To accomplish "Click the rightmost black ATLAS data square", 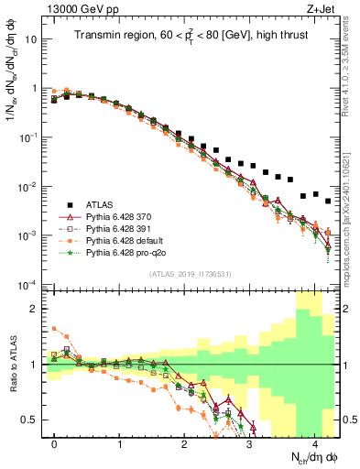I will pyautogui.click(x=327, y=201).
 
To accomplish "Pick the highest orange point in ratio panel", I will pyautogui.click(x=54, y=328).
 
